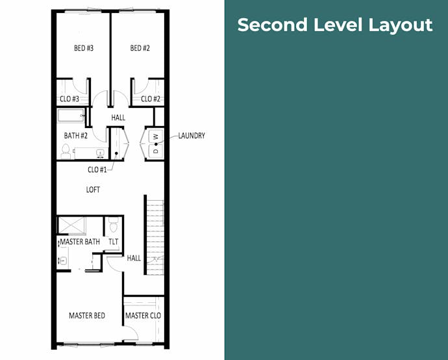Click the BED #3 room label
coord(84,48)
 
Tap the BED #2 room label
coord(140,48)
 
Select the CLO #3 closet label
coord(69,99)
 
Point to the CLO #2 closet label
coord(151,99)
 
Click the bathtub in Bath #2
coord(71,116)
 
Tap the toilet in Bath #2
coord(66,151)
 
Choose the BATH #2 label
coord(76,136)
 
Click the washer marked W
coord(156,136)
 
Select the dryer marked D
coord(156,151)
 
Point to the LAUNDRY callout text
coord(192,136)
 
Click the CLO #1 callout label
coord(97,170)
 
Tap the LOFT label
coord(93,190)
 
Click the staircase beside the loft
coord(155,237)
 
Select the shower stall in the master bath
coord(71,225)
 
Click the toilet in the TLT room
coord(114,225)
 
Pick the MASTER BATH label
coord(80,242)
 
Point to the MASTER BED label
coord(87,315)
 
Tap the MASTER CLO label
coord(143,315)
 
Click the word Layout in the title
coord(401,25)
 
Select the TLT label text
coord(114,242)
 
